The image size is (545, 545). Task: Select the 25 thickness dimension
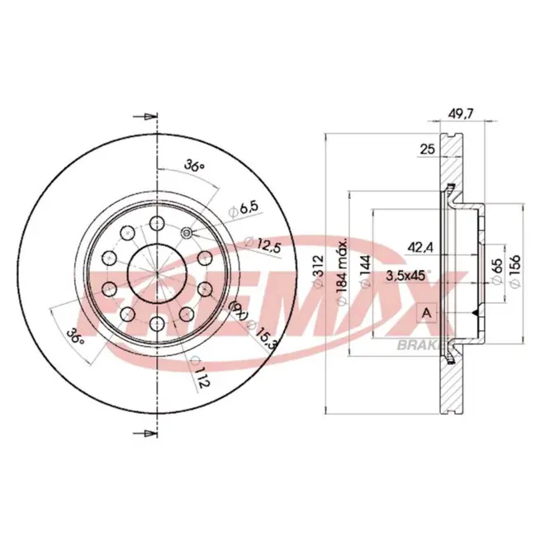[x=428, y=149]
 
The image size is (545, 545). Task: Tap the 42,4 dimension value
[x=420, y=248]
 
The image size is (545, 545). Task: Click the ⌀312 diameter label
[x=318, y=271]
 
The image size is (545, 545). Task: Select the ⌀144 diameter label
[x=365, y=272]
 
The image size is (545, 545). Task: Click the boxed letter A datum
[x=426, y=313]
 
